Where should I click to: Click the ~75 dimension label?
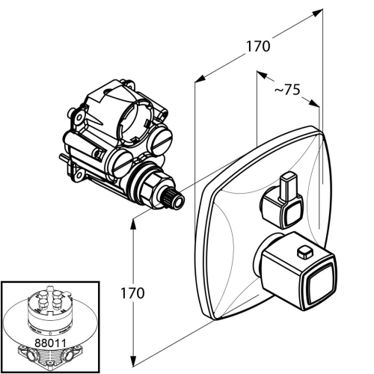[x=287, y=89]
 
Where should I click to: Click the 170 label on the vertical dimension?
[x=132, y=293]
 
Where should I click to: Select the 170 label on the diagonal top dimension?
[x=258, y=46]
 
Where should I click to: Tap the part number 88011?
[x=50, y=343]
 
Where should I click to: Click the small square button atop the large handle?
[x=305, y=252]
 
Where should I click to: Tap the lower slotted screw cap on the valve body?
[x=122, y=163]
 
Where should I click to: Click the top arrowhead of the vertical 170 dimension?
[x=133, y=225]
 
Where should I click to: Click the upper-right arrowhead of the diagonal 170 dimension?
[x=317, y=13]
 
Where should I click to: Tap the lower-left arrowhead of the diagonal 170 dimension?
[x=200, y=79]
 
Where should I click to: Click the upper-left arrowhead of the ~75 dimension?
[x=262, y=74]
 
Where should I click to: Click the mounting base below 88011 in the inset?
[x=50, y=356]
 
